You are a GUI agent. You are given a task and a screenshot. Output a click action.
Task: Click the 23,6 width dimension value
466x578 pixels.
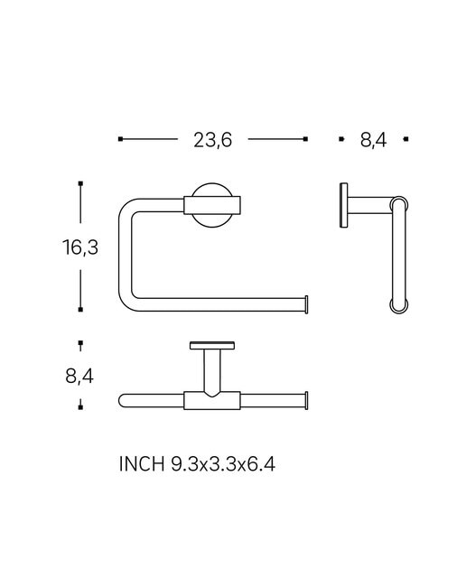[213, 140]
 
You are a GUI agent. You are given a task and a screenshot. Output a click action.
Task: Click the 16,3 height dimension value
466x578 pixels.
[80, 247]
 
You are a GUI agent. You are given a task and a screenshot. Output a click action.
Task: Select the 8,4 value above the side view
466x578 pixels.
[374, 140]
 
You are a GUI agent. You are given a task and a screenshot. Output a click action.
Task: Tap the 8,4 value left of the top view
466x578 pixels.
[79, 377]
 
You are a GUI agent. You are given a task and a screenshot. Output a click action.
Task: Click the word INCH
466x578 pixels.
[142, 463]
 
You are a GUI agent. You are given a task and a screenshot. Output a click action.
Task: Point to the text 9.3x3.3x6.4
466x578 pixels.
[223, 463]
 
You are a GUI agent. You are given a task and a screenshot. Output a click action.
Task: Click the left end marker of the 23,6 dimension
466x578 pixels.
[120, 139]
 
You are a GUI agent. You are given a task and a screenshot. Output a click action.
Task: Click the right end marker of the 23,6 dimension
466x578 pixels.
[305, 139]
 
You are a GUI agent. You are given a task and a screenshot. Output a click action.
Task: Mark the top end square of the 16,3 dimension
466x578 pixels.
[80, 183]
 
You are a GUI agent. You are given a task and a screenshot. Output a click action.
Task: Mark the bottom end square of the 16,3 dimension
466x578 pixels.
[80, 310]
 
